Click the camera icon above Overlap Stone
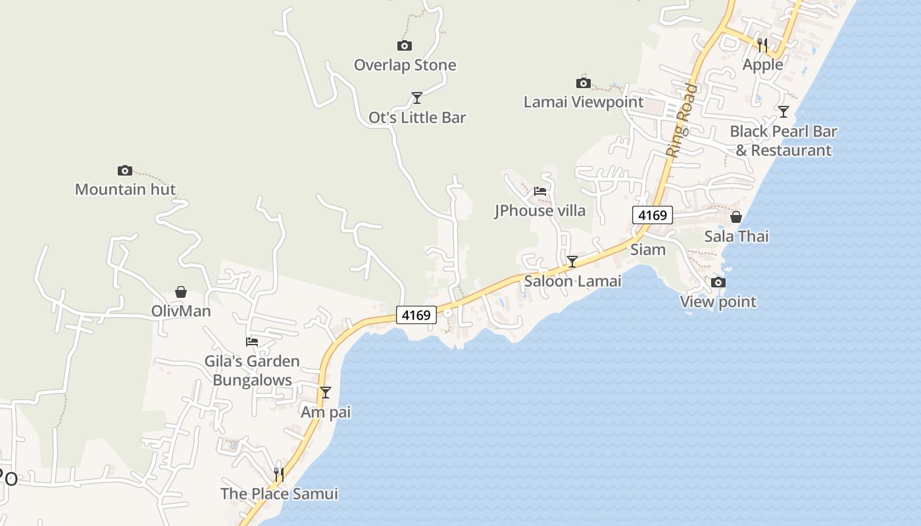[x=405, y=45]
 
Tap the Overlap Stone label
[x=405, y=65]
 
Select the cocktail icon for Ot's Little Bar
[x=416, y=98]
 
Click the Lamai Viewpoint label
[x=583, y=102]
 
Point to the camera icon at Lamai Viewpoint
[x=583, y=83]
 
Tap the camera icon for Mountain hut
[x=125, y=170]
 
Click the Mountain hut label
[x=125, y=190]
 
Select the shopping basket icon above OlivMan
[x=181, y=292]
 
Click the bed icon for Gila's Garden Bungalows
[x=252, y=341]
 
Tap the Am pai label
[x=326, y=412]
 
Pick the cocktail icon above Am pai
[x=325, y=393]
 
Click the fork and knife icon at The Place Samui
[x=279, y=474]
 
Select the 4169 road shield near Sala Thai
[x=653, y=215]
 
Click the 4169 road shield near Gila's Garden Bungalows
[x=416, y=315]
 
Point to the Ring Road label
[x=681, y=120]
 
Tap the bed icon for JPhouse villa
[x=540, y=191]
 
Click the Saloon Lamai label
[x=572, y=281]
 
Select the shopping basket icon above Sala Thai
[x=736, y=217]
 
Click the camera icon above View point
[x=718, y=283]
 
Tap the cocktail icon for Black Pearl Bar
[x=783, y=112]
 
